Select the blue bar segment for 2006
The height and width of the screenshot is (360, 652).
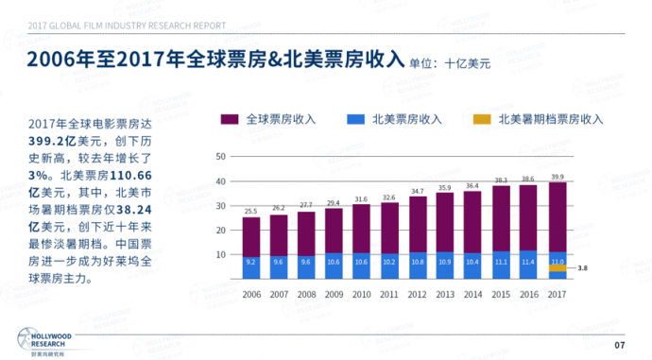[251, 267]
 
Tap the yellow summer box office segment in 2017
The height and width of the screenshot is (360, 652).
[558, 268]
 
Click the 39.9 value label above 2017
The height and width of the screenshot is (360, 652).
[558, 176]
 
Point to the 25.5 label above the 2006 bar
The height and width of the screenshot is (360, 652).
[251, 211]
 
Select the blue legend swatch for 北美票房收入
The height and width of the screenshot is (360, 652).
[355, 120]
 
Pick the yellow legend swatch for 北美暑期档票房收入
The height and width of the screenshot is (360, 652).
[481, 120]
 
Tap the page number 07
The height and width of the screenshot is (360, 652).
[620, 344]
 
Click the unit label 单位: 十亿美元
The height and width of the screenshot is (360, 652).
[450, 64]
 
